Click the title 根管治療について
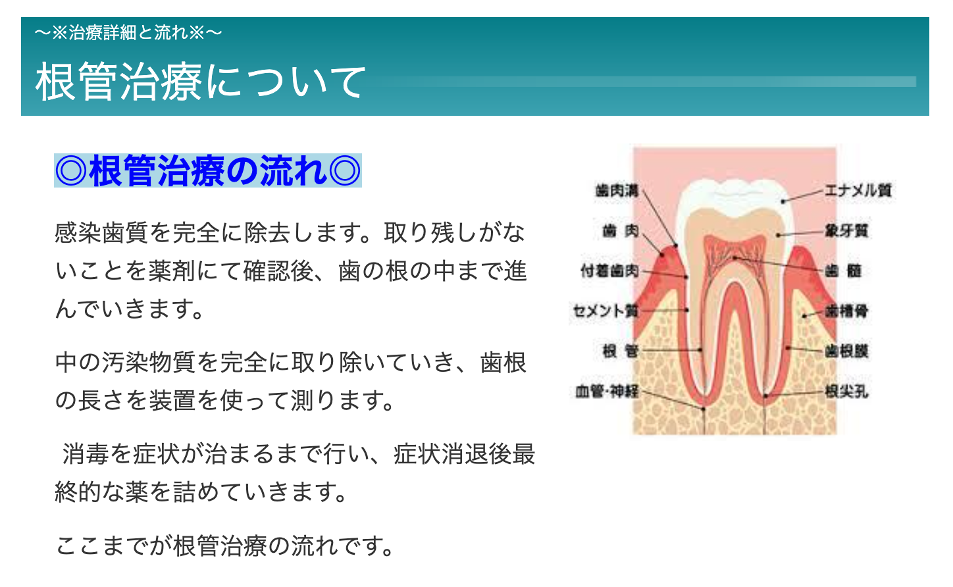(x=200, y=82)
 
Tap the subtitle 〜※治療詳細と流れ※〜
(x=128, y=32)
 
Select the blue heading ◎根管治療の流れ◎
(x=208, y=171)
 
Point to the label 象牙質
(x=846, y=230)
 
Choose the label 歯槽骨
(x=846, y=311)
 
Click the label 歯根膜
(x=846, y=351)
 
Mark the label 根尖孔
(x=846, y=392)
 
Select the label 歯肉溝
(x=617, y=190)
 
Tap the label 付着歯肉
(x=609, y=270)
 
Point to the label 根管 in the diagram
(x=620, y=351)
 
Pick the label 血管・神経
(x=607, y=392)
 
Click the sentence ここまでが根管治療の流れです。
(x=224, y=546)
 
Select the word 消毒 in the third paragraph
(x=86, y=454)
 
